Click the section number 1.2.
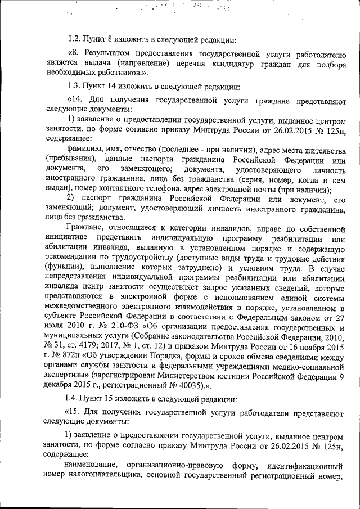pos(74,39)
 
